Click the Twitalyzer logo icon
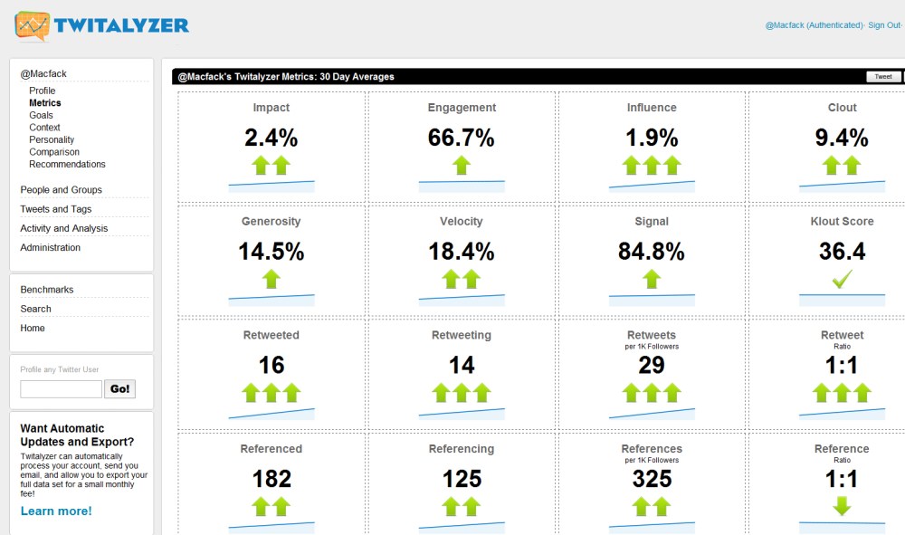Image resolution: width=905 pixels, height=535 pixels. point(32,26)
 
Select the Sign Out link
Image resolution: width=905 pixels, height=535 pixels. point(883,25)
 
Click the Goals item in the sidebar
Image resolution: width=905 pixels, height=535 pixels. point(42,115)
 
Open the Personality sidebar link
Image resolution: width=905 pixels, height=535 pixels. point(52,139)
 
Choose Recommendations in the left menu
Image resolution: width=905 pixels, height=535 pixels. point(67,164)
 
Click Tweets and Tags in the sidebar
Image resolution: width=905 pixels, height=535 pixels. point(56,209)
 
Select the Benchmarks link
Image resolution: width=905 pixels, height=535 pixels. point(47,290)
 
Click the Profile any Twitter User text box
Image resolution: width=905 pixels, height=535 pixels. point(61,389)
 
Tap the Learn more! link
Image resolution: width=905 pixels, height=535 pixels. point(56,511)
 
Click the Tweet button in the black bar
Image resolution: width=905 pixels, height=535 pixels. point(882,77)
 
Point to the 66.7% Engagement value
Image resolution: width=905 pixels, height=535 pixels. point(462,139)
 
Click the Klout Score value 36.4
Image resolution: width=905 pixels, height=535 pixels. point(842,252)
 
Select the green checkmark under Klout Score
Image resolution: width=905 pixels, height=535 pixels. point(842,281)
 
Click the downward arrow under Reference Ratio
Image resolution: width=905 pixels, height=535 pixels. point(842,505)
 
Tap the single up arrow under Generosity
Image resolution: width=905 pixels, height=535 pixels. point(271,279)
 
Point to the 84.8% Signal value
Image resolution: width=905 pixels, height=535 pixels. point(652,252)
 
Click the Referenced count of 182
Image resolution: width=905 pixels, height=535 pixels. point(271,478)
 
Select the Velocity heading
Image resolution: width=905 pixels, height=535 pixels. point(462,221)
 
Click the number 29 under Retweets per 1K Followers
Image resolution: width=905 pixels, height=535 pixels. point(652,365)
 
